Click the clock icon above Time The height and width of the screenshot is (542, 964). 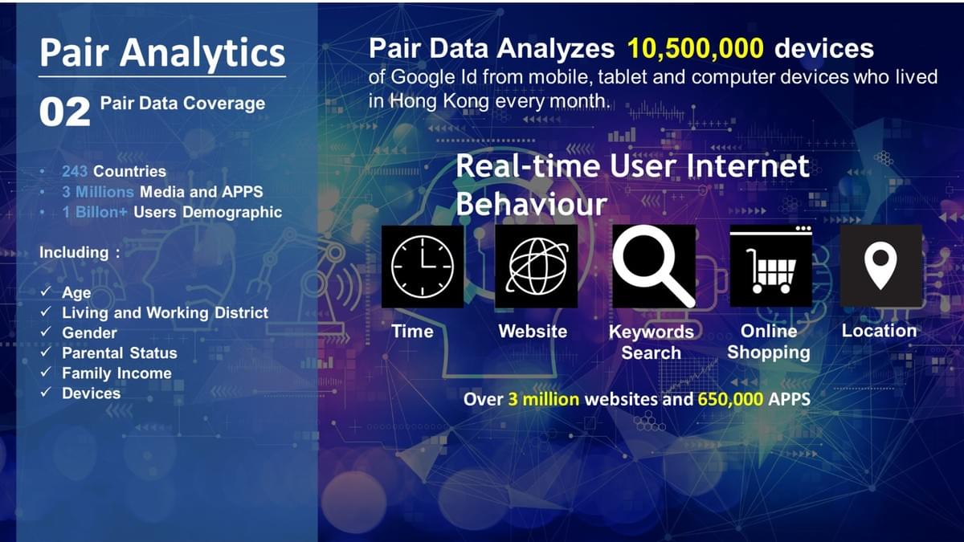(x=423, y=266)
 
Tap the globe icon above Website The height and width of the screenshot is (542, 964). (x=536, y=266)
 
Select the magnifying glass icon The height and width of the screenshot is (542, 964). (x=653, y=266)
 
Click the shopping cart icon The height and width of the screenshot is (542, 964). (x=770, y=266)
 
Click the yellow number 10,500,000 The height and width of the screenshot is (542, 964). (x=696, y=48)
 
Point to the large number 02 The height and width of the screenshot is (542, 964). (x=64, y=112)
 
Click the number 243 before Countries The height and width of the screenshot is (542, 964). (x=75, y=171)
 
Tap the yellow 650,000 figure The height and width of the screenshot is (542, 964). (x=730, y=399)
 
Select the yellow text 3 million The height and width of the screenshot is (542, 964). (x=543, y=399)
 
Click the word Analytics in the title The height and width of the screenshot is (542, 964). (x=203, y=52)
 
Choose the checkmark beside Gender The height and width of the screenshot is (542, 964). (x=47, y=332)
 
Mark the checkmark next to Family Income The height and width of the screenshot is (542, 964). (x=47, y=373)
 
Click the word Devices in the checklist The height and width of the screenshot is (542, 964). (x=91, y=393)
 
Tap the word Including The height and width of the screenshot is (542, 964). (x=74, y=252)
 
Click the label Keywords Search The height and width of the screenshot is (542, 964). (x=651, y=342)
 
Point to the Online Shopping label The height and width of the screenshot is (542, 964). (x=769, y=342)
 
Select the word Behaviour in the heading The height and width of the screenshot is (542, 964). (x=531, y=204)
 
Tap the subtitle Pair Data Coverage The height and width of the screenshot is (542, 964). (x=182, y=103)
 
